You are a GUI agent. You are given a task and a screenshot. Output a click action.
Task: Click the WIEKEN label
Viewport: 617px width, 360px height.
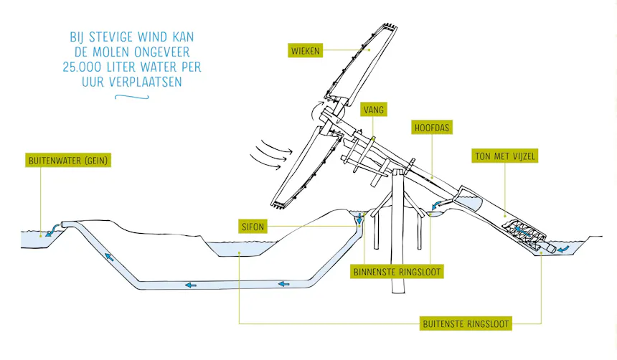click(306, 51)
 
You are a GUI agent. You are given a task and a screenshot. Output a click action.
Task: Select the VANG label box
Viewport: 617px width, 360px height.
click(373, 110)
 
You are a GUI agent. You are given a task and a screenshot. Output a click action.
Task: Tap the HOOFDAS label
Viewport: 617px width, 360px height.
click(432, 128)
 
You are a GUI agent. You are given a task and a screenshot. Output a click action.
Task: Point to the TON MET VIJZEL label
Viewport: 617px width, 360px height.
click(505, 156)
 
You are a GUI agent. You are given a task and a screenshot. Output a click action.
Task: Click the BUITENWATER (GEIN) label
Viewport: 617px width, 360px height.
click(68, 161)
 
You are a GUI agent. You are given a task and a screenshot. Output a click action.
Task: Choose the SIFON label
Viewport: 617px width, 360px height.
click(253, 227)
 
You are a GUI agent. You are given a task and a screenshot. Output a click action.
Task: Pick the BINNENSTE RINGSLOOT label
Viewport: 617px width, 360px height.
click(397, 272)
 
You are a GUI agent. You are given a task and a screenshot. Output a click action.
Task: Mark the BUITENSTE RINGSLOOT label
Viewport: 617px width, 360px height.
click(466, 324)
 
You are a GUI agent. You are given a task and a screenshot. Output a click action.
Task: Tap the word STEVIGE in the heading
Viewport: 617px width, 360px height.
click(112, 37)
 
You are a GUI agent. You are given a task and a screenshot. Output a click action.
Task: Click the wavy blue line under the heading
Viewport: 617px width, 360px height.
click(132, 96)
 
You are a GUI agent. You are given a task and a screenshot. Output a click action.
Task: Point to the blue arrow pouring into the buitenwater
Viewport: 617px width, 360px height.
click(52, 229)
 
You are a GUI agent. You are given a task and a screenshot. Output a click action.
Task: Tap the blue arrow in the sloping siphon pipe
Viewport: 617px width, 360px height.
click(109, 257)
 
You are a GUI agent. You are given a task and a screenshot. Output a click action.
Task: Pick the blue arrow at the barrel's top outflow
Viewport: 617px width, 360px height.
click(437, 205)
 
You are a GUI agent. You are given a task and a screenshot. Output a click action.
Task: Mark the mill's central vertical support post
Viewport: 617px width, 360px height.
click(398, 232)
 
